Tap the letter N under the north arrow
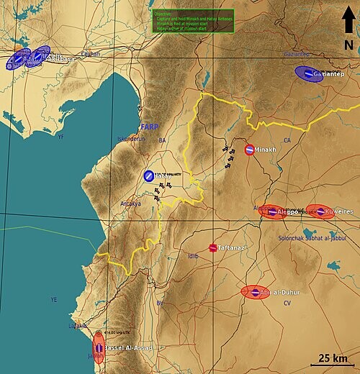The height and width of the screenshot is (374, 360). click(x=348, y=45)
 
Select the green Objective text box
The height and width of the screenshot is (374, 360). click(x=192, y=22)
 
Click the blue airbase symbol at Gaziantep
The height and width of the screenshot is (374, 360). click(x=308, y=74)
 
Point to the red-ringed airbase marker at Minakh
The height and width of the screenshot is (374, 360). click(x=249, y=150)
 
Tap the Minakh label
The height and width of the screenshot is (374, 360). click(x=266, y=150)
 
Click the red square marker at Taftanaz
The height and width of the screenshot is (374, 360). click(x=213, y=247)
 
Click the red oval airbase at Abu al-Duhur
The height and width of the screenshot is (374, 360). click(x=256, y=292)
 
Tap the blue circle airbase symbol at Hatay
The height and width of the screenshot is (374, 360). click(x=148, y=175)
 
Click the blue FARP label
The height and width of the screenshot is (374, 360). click(x=149, y=127)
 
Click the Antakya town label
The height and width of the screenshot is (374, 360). click(x=131, y=204)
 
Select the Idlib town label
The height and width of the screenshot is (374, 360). click(x=192, y=256)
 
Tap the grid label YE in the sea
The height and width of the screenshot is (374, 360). click(x=53, y=299)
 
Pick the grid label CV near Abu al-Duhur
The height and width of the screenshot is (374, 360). click(x=287, y=303)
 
